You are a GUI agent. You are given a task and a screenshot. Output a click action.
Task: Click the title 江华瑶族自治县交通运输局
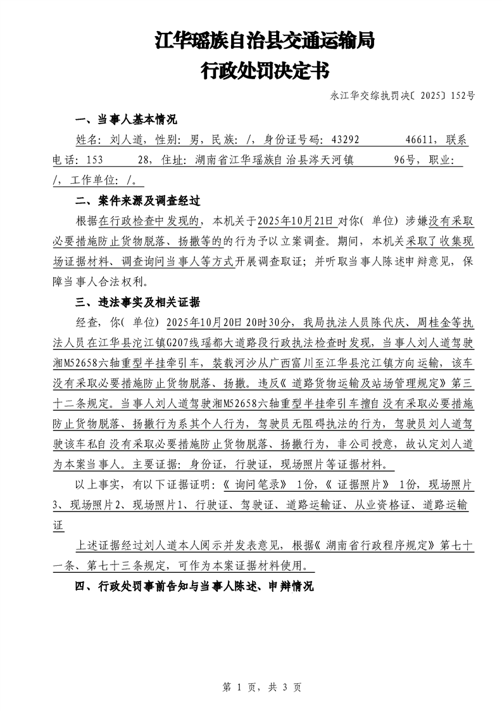pyautogui.click(x=265, y=42)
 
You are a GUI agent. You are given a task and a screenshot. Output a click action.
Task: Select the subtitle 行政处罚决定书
pyautogui.click(x=265, y=70)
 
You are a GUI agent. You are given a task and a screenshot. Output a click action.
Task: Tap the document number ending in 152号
pyautogui.click(x=402, y=96)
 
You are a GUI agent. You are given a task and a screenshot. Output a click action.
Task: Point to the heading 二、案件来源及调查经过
pyautogui.click(x=137, y=202)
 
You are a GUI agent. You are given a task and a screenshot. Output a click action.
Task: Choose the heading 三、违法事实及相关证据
pyautogui.click(x=137, y=302)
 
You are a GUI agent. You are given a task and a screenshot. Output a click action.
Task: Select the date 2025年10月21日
pyautogui.click(x=294, y=221)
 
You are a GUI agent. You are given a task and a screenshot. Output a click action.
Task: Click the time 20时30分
pyautogui.click(x=269, y=322)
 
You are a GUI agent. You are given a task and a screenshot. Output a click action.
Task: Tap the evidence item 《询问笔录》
pyautogui.click(x=251, y=485)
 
